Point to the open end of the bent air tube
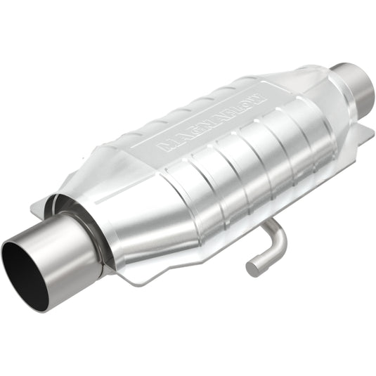[251, 268]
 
